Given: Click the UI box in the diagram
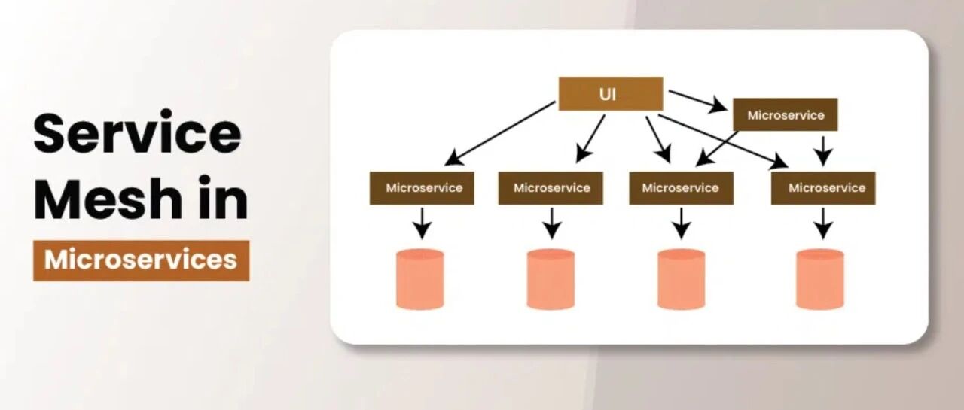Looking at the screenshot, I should tap(610, 94).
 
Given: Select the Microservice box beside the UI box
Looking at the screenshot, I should tap(785, 115).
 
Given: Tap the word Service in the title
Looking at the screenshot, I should tap(137, 134).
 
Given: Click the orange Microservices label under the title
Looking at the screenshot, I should tap(141, 260).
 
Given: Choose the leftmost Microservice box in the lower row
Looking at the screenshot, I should tap(422, 188).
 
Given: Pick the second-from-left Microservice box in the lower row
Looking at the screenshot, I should tap(551, 188).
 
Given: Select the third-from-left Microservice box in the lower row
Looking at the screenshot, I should tap(681, 188).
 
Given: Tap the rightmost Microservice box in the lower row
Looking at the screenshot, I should tap(823, 188).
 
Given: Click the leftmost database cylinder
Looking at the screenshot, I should tap(419, 279).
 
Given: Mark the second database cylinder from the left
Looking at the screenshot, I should tap(551, 279).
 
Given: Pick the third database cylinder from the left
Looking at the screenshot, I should tap(681, 279).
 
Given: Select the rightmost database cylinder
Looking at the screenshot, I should tap(820, 279).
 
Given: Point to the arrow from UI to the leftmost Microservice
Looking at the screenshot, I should tap(500, 133).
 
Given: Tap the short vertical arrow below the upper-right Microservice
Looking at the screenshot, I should tap(823, 150).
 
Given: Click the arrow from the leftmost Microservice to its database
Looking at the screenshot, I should tap(423, 222).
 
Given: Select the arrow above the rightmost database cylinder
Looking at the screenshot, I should tap(824, 222).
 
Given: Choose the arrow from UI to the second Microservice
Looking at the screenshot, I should tap(591, 138).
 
